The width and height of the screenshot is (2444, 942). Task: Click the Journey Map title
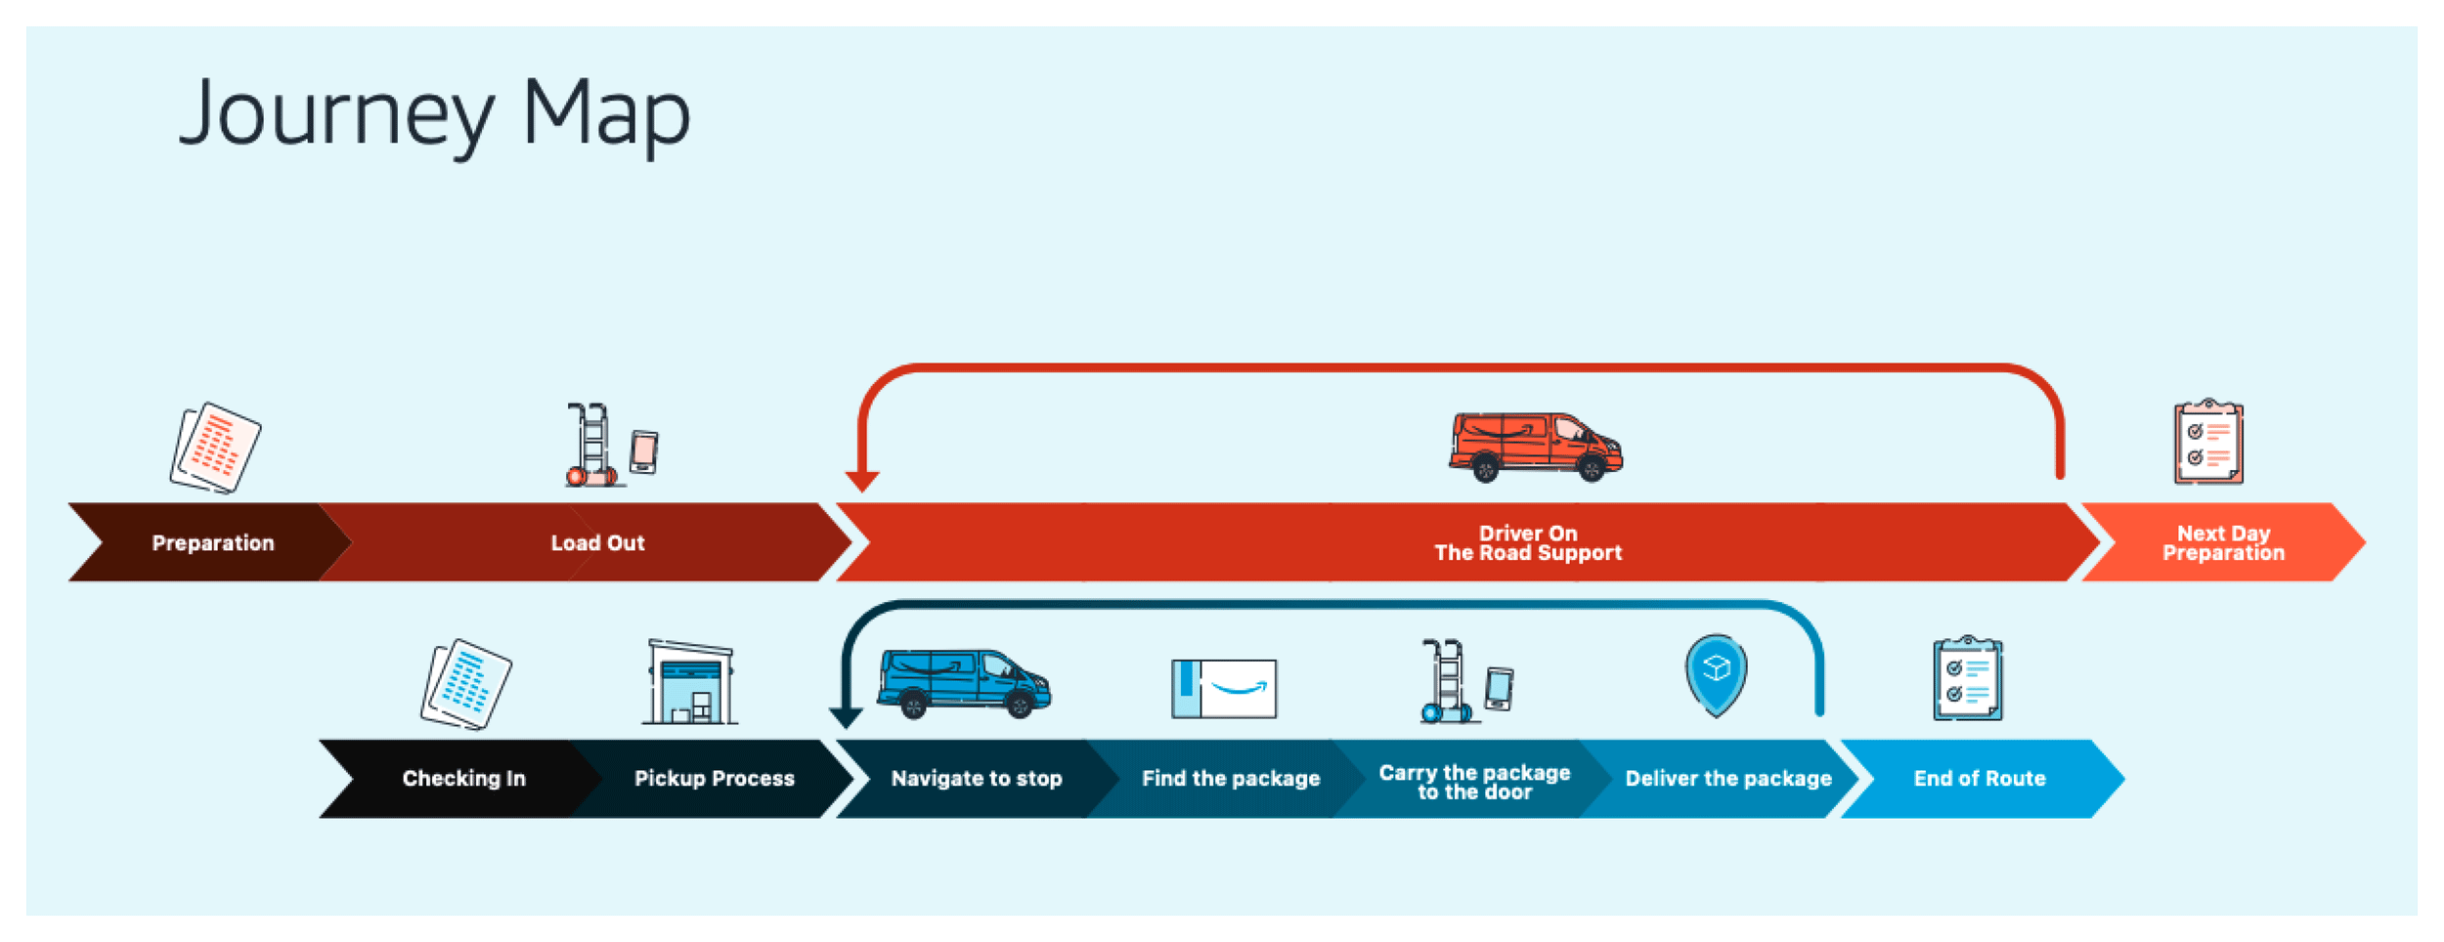coord(435,115)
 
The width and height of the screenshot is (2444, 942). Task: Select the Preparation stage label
coord(213,543)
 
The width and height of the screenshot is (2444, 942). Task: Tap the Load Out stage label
coord(597,543)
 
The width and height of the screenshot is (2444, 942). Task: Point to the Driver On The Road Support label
coord(1527,543)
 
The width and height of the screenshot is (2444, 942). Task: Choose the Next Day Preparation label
coord(2223,543)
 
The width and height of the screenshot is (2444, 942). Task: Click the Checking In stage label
coord(463,779)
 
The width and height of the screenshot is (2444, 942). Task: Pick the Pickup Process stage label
coord(714,779)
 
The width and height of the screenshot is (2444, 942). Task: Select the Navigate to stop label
coord(976,779)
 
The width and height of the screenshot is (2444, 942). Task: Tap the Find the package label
coord(1230,779)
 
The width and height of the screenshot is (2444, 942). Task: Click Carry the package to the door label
coord(1474,782)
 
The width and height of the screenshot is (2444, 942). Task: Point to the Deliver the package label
coord(1727,779)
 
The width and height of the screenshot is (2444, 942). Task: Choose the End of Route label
coord(1979,779)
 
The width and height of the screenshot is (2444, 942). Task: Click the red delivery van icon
coord(1535,447)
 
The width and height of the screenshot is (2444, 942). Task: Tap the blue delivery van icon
coord(963,682)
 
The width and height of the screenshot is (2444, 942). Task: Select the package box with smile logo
coord(1224,689)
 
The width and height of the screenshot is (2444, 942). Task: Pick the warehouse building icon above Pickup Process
coord(690,683)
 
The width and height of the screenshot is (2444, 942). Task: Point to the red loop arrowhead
coord(862,481)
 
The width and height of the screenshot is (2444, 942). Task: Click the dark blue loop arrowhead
coord(846,717)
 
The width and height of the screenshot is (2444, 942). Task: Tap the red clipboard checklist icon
coord(2207,442)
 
